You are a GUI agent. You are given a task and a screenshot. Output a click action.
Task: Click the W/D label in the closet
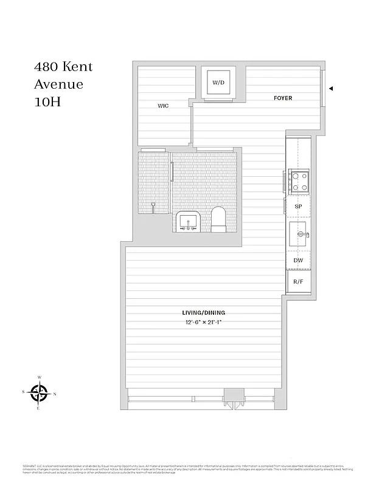218,83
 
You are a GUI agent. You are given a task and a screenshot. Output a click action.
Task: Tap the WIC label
163,106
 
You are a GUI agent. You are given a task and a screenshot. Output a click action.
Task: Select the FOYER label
283,98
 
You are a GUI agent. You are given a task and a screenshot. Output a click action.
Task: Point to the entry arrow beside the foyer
331,88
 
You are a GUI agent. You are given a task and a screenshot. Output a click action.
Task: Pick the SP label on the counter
298,207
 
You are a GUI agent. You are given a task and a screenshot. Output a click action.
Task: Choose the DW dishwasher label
298,261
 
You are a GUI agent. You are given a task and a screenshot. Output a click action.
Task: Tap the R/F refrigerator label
298,282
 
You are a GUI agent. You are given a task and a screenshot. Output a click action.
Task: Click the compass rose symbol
40,393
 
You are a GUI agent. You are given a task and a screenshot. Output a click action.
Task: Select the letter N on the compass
55,394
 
